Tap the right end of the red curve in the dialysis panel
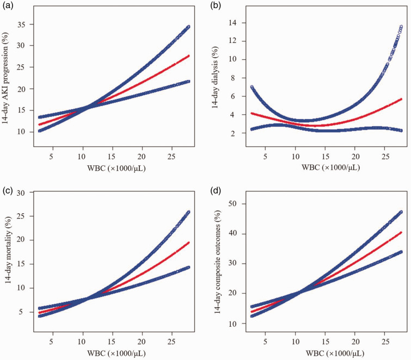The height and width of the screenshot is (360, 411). (401, 99)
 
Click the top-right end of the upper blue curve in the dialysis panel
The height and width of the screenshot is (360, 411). (401, 26)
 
